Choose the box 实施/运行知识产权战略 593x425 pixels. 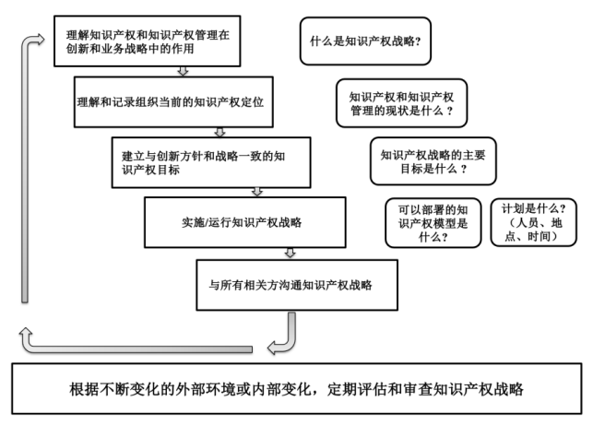click(244, 222)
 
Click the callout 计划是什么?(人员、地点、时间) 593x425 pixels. click(533, 221)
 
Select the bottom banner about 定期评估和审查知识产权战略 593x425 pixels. click(296, 389)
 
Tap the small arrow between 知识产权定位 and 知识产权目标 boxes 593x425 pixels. click(219, 131)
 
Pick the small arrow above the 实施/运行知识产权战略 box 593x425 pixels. click(257, 191)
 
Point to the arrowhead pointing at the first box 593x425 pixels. click(38, 39)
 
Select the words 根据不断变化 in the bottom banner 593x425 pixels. click(102, 389)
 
